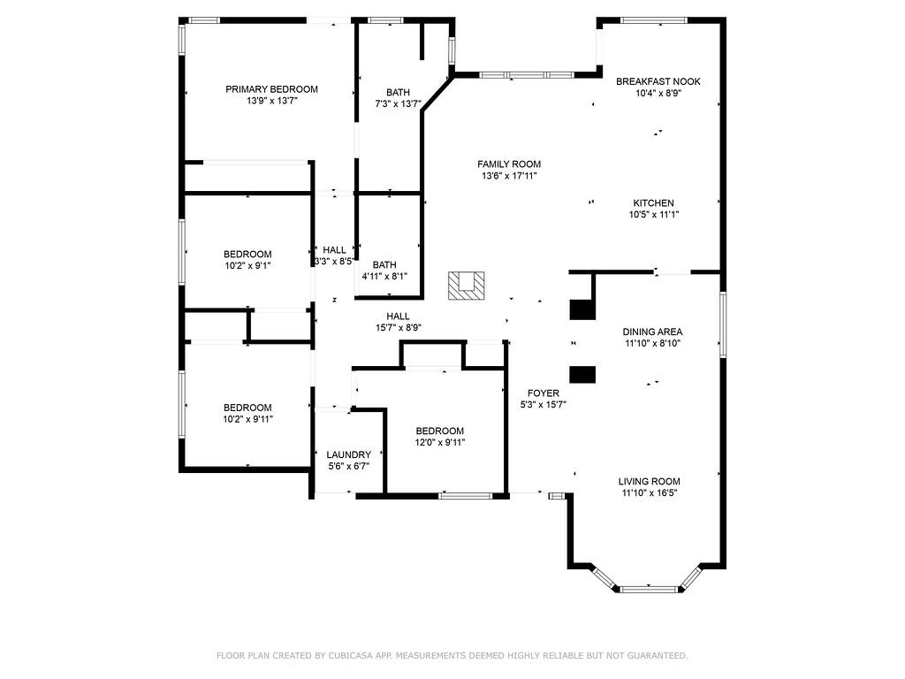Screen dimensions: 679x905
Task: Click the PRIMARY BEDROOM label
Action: pyautogui.click(x=271, y=89)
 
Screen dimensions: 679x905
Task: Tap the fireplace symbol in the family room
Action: pyautogui.click(x=466, y=286)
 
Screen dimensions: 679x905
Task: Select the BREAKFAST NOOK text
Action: pyautogui.click(x=658, y=81)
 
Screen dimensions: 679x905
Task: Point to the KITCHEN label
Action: pyautogui.click(x=653, y=202)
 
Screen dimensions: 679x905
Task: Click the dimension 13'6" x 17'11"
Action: pyautogui.click(x=509, y=176)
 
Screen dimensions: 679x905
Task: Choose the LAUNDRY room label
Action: pyautogui.click(x=348, y=454)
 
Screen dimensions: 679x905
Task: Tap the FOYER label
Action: pyautogui.click(x=543, y=393)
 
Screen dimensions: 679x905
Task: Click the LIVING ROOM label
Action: pyautogui.click(x=649, y=482)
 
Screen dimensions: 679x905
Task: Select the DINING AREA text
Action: pyautogui.click(x=651, y=332)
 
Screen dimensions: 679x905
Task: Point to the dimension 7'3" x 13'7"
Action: pyautogui.click(x=398, y=104)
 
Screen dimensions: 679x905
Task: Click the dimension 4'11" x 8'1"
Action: pyautogui.click(x=384, y=276)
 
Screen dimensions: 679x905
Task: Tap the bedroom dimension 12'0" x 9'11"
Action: pyautogui.click(x=439, y=442)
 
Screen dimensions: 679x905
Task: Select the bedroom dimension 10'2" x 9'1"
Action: pyautogui.click(x=247, y=265)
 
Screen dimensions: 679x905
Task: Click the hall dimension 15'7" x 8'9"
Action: pyautogui.click(x=398, y=328)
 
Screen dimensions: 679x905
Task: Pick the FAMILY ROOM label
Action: pyautogui.click(x=509, y=164)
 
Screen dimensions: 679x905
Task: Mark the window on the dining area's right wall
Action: pyautogui.click(x=722, y=324)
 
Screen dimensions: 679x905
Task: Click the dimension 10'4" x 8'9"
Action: pyautogui.click(x=658, y=93)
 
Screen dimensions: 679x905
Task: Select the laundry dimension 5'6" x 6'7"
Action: pyautogui.click(x=348, y=466)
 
